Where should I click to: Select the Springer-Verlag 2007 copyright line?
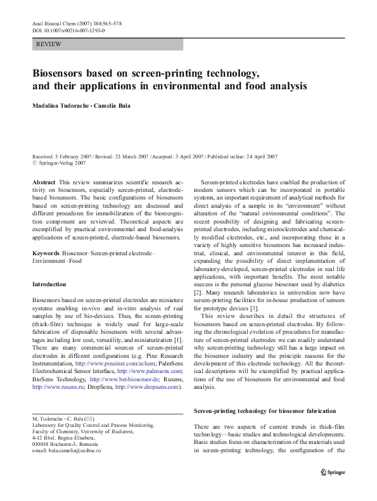click(61, 163)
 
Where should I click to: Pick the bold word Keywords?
click(46, 253)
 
